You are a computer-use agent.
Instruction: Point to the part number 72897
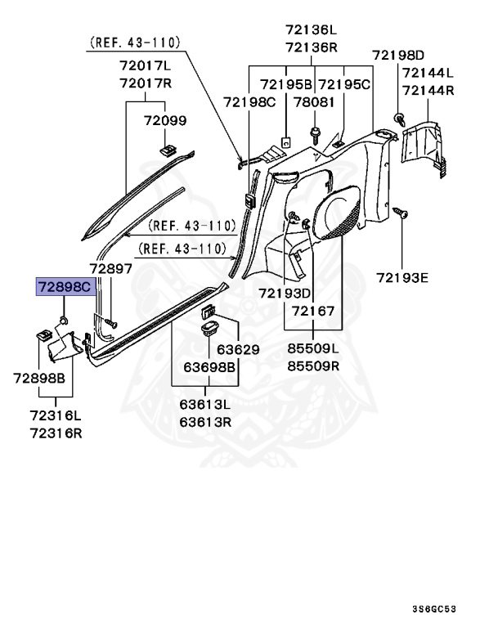110,269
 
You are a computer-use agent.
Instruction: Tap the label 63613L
204,405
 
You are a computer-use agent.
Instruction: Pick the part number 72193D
285,293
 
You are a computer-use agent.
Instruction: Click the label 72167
313,312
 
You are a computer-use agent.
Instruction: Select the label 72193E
402,277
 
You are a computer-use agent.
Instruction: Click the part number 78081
315,103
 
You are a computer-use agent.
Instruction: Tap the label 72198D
399,55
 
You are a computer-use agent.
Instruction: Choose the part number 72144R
427,90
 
